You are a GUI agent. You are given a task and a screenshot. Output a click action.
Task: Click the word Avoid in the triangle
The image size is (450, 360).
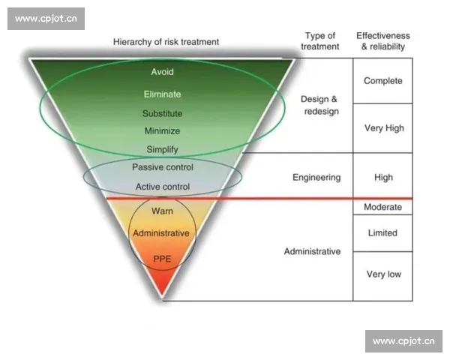[x=163, y=73]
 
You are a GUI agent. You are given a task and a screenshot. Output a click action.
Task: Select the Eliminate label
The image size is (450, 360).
[x=163, y=94]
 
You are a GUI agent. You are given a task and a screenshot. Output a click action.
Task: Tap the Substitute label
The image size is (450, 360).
[x=163, y=114]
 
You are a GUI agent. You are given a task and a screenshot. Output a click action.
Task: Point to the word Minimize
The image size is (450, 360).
[x=163, y=131]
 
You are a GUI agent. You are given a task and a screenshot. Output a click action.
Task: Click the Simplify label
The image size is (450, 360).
[x=163, y=149]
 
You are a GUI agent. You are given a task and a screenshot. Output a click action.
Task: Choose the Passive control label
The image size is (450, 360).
[x=163, y=166]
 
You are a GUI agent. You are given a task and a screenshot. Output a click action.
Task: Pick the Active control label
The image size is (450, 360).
[x=163, y=186]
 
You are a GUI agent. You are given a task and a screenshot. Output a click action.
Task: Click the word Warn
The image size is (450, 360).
[x=163, y=211]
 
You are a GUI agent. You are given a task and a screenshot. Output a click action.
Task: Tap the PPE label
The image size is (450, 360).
[x=163, y=259]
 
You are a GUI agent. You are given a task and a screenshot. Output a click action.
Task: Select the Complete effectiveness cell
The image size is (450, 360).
[x=383, y=81]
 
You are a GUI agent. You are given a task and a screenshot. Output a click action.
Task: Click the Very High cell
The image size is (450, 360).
[x=383, y=128]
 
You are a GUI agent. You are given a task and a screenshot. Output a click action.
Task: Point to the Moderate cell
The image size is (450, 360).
[x=383, y=207]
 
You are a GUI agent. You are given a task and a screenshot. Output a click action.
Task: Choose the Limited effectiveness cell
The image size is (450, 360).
[x=383, y=233]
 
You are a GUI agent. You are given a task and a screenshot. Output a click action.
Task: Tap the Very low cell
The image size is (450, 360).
[x=383, y=274]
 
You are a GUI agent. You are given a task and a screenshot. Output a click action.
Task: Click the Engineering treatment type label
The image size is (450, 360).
[x=316, y=178]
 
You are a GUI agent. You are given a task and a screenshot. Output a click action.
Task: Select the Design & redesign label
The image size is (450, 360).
[x=319, y=105]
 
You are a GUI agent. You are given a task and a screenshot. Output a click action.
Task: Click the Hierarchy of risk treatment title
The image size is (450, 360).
[x=166, y=42]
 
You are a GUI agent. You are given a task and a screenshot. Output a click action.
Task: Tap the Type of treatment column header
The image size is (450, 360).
[x=320, y=40]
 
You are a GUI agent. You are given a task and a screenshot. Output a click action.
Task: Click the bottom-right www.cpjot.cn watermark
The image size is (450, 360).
[x=403, y=341]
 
